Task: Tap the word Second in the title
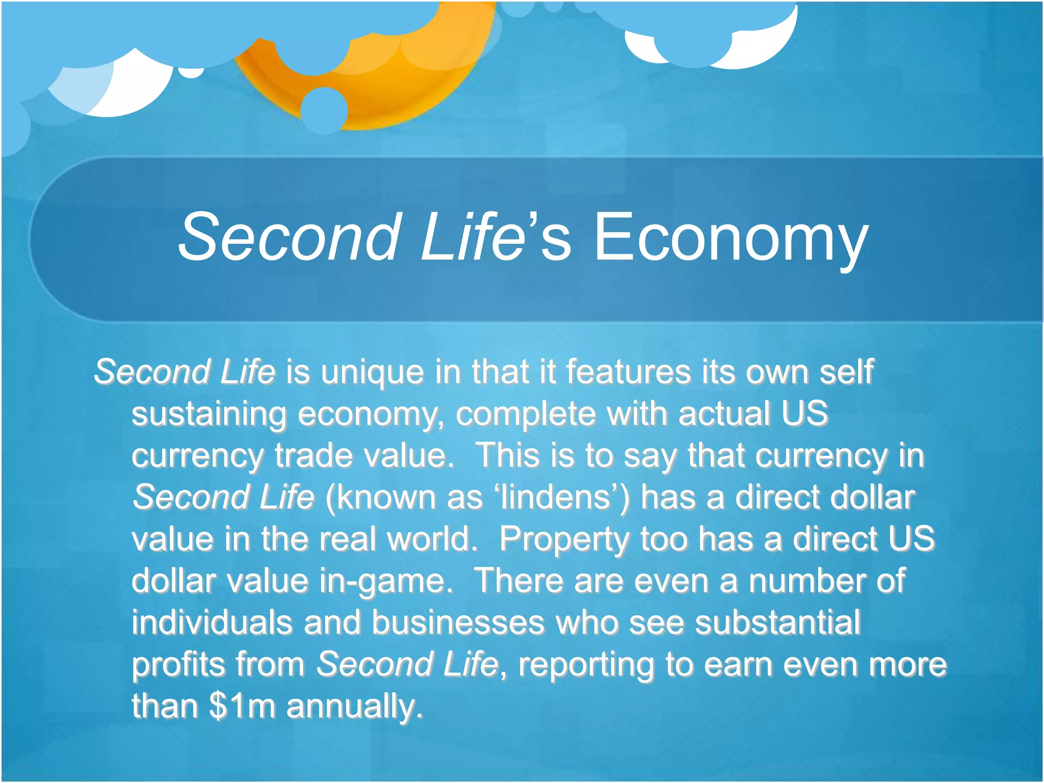(x=289, y=238)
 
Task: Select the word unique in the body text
(x=372, y=372)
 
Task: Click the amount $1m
(x=242, y=706)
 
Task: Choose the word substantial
(x=778, y=623)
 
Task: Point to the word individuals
(x=212, y=623)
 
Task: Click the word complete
(x=526, y=414)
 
